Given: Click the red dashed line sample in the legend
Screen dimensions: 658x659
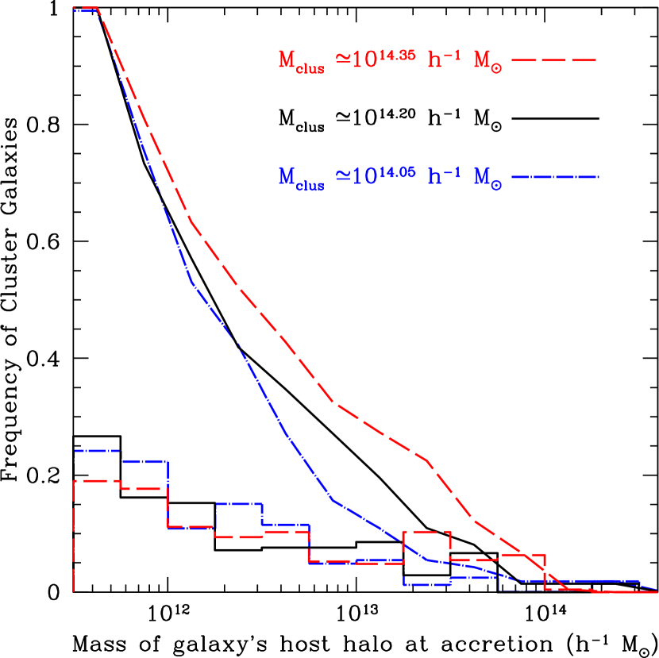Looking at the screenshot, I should pyautogui.click(x=554, y=60).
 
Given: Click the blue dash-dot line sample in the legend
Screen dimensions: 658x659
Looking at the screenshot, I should pyautogui.click(x=554, y=177).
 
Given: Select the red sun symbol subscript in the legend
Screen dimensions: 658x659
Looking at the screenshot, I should pyautogui.click(x=495, y=69).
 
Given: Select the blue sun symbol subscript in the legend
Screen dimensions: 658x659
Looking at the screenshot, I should pyautogui.click(x=495, y=187).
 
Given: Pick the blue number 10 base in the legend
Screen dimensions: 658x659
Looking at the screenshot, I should pyautogui.click(x=363, y=177).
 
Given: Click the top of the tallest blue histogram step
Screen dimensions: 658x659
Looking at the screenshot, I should pyautogui.click(x=97, y=450).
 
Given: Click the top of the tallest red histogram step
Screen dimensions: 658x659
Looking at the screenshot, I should pyautogui.click(x=95, y=480).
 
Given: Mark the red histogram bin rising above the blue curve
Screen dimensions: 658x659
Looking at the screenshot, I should pyautogui.click(x=427, y=531).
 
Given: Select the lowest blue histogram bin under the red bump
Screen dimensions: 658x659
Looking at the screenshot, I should pyautogui.click(x=427, y=585).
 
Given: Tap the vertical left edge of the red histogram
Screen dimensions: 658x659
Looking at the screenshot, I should pyautogui.click(x=74, y=540).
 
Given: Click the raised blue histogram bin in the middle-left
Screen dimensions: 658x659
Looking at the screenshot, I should pyautogui.click(x=238, y=503).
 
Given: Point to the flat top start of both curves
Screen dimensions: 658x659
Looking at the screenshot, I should pyautogui.click(x=85, y=8).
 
